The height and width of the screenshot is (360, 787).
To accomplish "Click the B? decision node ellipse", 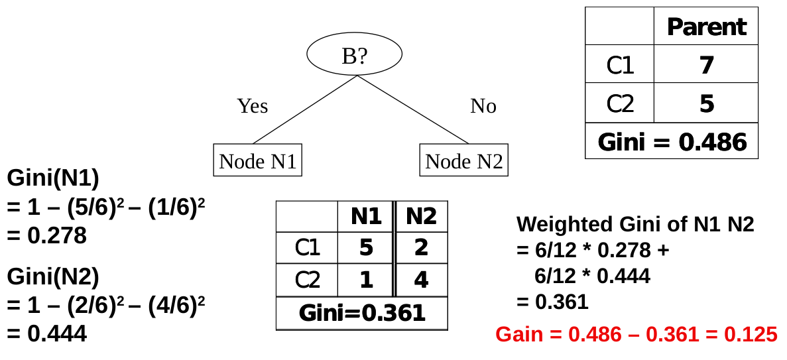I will (x=354, y=55).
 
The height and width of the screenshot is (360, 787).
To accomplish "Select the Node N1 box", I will (x=257, y=160).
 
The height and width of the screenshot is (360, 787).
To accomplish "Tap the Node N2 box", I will (x=463, y=160).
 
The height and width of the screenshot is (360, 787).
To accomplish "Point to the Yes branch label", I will (x=253, y=106).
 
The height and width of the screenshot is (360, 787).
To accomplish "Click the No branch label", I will (x=483, y=106).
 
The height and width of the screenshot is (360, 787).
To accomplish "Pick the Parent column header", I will (x=706, y=27).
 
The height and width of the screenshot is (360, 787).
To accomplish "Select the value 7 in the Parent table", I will (x=706, y=65).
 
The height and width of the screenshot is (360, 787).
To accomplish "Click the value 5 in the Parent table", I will (x=706, y=103).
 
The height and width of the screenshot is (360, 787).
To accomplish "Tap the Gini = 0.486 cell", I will (x=672, y=142).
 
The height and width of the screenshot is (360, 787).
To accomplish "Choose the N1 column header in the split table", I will (x=366, y=216).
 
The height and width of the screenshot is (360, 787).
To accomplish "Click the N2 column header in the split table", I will (x=421, y=216).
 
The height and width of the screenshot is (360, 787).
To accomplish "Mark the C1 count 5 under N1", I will (x=366, y=248).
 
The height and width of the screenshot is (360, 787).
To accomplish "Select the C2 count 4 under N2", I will (x=421, y=280).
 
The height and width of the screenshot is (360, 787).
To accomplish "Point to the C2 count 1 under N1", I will (x=366, y=280).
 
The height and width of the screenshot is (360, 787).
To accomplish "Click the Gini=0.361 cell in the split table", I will (x=362, y=312).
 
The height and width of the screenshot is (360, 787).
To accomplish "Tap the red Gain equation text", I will (x=636, y=334).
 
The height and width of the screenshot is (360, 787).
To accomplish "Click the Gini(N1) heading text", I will (x=53, y=178).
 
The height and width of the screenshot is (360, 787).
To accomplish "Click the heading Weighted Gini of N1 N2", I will (x=635, y=224).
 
